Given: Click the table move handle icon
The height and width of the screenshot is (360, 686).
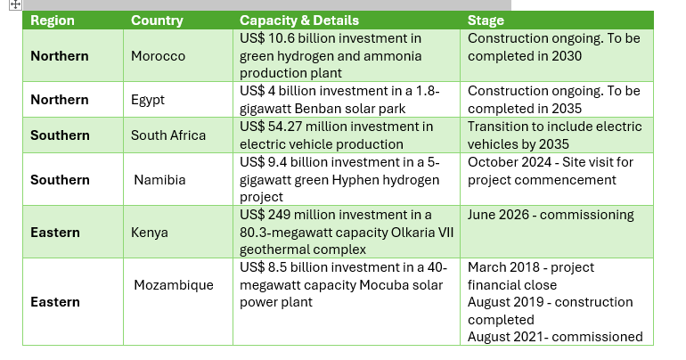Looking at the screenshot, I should click(15, 5).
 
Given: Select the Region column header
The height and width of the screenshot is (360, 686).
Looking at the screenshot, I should click(52, 20).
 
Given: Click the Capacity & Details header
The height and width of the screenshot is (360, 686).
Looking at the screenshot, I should click(299, 20).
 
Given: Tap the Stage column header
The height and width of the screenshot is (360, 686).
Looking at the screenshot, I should click(486, 20).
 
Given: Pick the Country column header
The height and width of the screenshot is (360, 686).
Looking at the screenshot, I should click(157, 20).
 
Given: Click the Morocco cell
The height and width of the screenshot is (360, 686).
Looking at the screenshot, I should click(158, 55).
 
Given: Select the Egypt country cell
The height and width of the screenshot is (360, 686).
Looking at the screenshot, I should click(148, 100).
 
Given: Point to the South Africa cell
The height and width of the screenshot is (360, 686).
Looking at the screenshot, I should click(168, 135).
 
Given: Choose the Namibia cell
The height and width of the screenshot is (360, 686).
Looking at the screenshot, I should click(160, 179).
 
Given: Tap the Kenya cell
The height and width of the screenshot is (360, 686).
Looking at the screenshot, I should click(150, 232).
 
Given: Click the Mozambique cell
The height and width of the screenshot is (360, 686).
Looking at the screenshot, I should click(174, 284).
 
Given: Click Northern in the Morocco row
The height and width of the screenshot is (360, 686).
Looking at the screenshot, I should click(60, 55).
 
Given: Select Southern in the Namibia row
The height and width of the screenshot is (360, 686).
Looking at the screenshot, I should click(60, 179).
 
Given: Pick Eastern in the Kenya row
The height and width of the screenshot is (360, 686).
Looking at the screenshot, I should click(55, 232).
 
